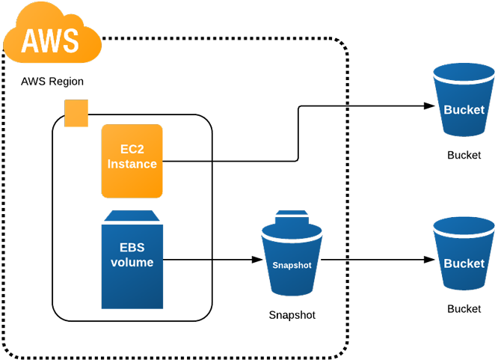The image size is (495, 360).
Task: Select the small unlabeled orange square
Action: [x=76, y=113]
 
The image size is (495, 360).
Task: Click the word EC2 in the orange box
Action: [x=132, y=150]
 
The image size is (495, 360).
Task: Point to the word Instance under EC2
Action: [x=132, y=164]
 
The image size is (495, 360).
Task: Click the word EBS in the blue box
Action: [x=132, y=248]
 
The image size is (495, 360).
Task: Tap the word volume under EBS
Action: [x=132, y=263]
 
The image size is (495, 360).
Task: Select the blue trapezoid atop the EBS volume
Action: [x=132, y=216]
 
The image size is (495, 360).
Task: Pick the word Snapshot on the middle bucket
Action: [x=292, y=265]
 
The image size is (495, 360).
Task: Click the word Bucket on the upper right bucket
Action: [x=464, y=109]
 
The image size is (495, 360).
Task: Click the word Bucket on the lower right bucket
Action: [x=464, y=263]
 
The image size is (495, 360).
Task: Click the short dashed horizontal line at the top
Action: [x=268, y=36]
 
